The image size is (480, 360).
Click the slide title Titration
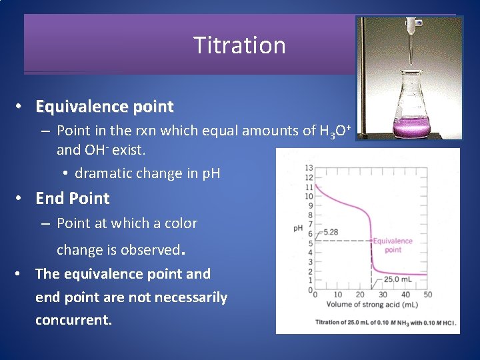[x=239, y=45]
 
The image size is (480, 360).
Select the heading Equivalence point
[x=104, y=107]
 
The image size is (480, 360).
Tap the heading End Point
[x=72, y=199]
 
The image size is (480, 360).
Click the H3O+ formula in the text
[x=331, y=131]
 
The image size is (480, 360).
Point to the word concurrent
[x=73, y=320]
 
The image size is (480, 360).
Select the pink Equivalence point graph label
[x=393, y=245]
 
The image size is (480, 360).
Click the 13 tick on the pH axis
[x=309, y=168]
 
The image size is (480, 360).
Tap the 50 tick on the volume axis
[x=427, y=295]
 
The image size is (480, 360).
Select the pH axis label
[x=298, y=229]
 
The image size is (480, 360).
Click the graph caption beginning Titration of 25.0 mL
[x=385, y=323]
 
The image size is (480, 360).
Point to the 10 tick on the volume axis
[x=337, y=295]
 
